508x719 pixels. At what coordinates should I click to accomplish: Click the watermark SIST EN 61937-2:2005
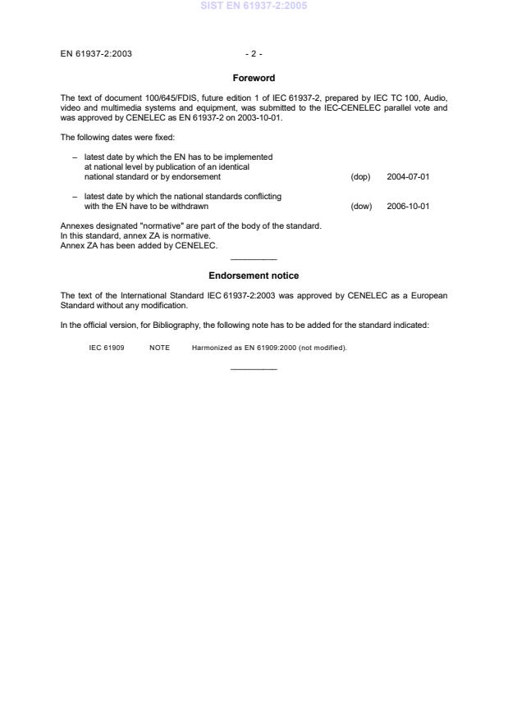pos(254,7)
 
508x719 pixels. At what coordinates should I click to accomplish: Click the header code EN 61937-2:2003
pos(96,54)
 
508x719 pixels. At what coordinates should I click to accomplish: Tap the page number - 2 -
pos(254,54)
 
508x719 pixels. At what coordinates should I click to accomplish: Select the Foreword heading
pos(254,79)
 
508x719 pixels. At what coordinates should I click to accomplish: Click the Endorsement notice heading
pos(254,275)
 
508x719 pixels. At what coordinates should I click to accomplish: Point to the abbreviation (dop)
pos(360,176)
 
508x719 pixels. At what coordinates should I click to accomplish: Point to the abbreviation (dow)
pos(361,206)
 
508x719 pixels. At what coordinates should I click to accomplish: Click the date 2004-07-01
pos(408,176)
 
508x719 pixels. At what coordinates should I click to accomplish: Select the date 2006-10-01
pos(408,206)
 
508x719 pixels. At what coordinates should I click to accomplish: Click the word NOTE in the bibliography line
pos(159,348)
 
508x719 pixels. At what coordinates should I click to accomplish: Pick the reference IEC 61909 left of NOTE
pos(107,348)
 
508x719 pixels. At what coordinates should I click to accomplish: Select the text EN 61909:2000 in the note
pos(267,348)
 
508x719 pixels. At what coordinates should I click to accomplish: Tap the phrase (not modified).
pos(323,348)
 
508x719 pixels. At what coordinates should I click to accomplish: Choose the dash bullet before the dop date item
pos(75,157)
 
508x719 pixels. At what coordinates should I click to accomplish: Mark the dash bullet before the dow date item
pos(75,196)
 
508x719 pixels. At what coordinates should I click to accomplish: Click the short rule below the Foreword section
pos(254,260)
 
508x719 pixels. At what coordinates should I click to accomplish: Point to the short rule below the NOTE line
pos(254,369)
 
